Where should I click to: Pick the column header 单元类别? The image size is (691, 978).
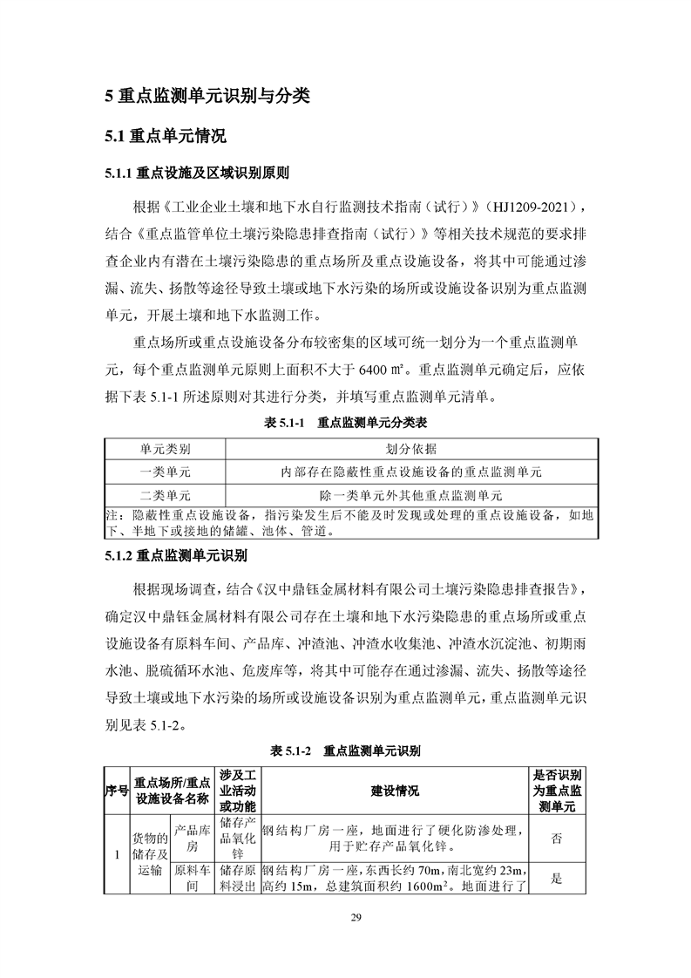[x=166, y=449]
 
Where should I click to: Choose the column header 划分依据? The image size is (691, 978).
[x=411, y=449]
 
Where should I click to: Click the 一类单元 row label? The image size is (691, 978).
[x=166, y=472]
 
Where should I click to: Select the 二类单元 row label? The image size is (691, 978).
[x=166, y=494]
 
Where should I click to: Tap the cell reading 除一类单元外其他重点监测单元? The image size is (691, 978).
[x=411, y=494]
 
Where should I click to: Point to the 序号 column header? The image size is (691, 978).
[x=117, y=791]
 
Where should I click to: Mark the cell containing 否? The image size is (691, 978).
[x=557, y=838]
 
